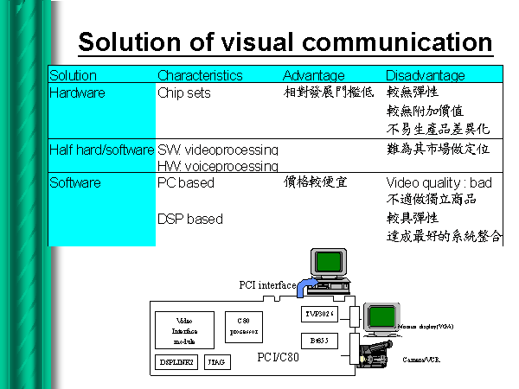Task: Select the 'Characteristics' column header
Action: point(200,76)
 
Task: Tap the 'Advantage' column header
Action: point(313,76)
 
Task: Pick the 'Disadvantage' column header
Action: point(425,76)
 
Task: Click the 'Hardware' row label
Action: point(76,92)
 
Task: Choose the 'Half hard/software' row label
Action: point(101,150)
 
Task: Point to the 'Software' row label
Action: point(74,182)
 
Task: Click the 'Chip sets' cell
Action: point(183,92)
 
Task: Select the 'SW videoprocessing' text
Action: point(217,150)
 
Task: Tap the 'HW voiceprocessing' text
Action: point(217,165)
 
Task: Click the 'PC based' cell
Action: point(185,182)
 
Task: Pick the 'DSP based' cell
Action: point(189,219)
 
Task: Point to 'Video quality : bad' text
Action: point(439,183)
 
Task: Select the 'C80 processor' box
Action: point(243,326)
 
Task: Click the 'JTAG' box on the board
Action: point(217,363)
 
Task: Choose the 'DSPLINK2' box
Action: point(177,363)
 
